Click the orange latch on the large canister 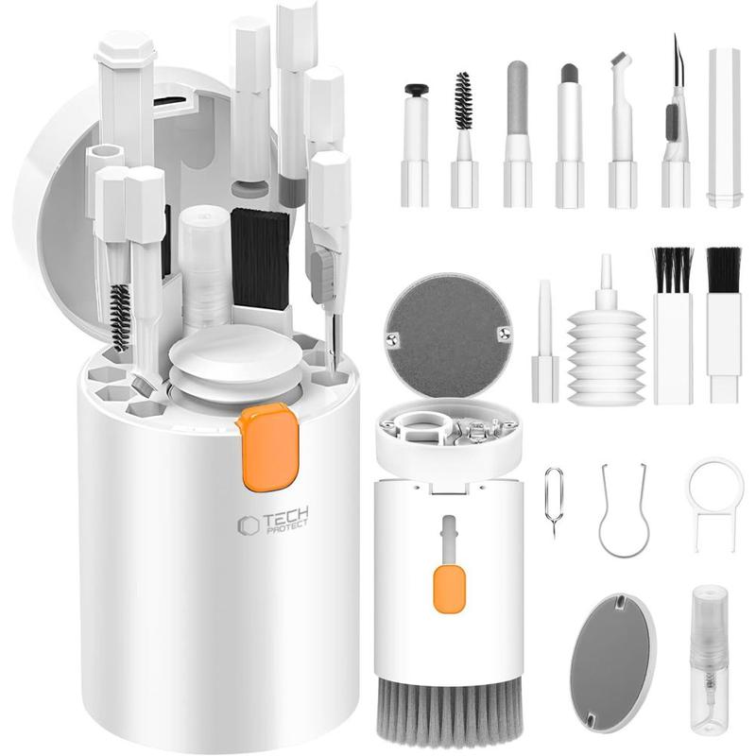coord(268,446)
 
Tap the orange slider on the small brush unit coord(449,589)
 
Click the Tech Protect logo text coord(273,522)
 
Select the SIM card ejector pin coord(554,502)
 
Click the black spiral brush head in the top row coord(462,101)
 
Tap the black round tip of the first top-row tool coord(416,89)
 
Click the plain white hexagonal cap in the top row coord(724,128)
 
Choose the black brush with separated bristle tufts coord(673,270)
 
